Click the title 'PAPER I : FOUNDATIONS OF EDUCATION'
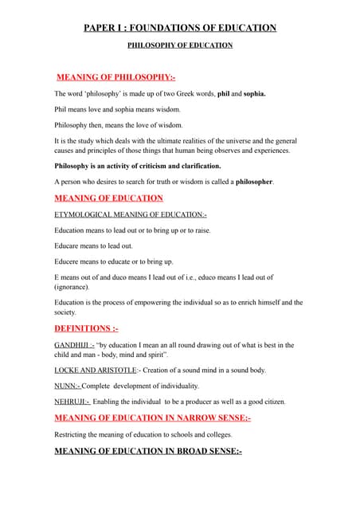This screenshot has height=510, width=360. (180, 28)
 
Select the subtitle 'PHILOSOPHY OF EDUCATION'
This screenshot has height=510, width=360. (180, 45)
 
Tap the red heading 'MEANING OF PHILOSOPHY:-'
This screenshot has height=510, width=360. (116, 77)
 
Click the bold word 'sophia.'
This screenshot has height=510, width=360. (250, 93)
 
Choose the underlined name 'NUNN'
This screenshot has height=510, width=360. (65, 386)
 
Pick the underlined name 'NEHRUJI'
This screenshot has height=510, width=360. (70, 402)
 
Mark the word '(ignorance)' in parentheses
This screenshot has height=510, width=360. (72, 286)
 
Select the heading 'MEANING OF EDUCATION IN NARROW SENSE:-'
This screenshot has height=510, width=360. (152, 418)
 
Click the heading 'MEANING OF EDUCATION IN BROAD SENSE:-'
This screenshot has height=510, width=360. (147, 451)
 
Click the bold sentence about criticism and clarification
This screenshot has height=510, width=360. (138, 166)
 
